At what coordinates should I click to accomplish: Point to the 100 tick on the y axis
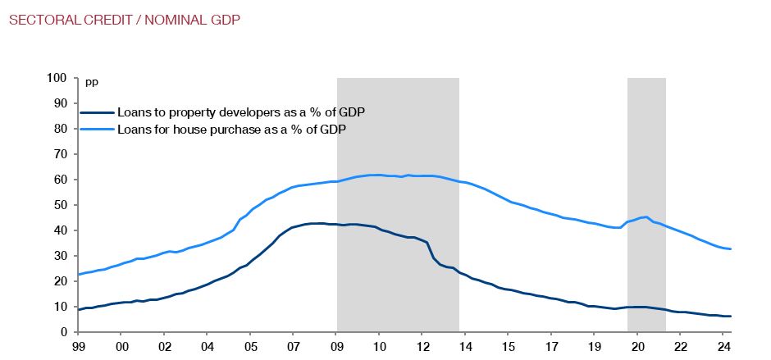coord(57,79)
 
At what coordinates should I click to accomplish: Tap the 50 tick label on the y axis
coord(60,205)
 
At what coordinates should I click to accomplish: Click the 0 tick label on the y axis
coord(63,332)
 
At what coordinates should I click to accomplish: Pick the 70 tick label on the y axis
coord(60,154)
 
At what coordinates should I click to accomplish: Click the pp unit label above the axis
coord(90,82)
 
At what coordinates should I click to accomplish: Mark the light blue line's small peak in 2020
coord(646,217)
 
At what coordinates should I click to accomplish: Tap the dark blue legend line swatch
coord(97,112)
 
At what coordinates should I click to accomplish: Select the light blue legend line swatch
coord(97,129)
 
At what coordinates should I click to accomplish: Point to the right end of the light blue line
coord(730,249)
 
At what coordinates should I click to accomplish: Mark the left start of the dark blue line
coord(79,310)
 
